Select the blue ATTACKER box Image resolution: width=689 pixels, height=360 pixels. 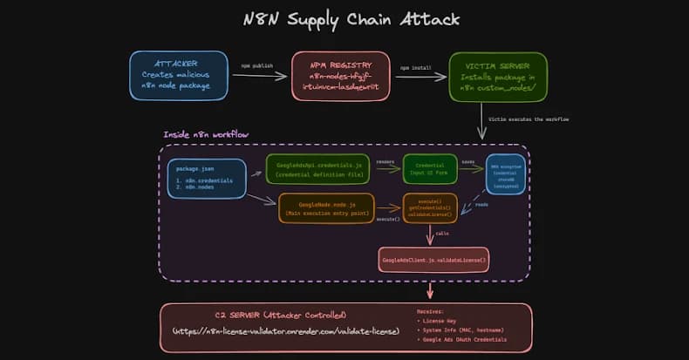179,76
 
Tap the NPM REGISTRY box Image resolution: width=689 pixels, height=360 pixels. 341,76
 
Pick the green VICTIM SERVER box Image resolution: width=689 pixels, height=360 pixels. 498,76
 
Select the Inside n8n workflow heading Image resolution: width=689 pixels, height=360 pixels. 206,135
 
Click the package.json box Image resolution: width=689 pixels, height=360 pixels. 207,178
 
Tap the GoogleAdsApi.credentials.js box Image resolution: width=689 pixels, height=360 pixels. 317,169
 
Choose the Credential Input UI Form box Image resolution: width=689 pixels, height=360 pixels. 430,169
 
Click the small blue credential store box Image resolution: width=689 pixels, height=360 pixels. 506,173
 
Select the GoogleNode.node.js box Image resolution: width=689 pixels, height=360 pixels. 326,207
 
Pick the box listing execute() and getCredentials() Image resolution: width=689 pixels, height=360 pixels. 430,207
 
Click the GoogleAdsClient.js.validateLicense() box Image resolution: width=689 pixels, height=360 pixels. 433,259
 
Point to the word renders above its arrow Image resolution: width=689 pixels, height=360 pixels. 385,160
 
